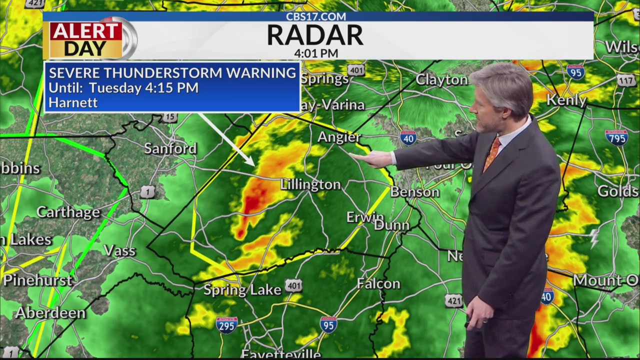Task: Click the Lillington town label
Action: click(310, 184)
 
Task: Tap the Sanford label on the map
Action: click(170, 148)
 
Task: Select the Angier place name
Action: click(339, 137)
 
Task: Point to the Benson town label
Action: click(414, 192)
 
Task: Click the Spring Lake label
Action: click(242, 290)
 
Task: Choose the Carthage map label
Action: click(68, 212)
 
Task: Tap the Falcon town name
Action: click(378, 284)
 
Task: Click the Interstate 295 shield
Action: click(226, 324)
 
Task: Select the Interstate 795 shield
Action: click(616, 137)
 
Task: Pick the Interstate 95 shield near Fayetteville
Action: click(328, 324)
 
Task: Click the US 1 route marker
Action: click(147, 191)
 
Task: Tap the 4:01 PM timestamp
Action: click(316, 53)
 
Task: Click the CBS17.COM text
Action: click(316, 16)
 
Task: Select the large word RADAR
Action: click(315, 35)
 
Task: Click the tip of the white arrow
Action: click(253, 164)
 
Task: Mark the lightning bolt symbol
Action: click(594, 238)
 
